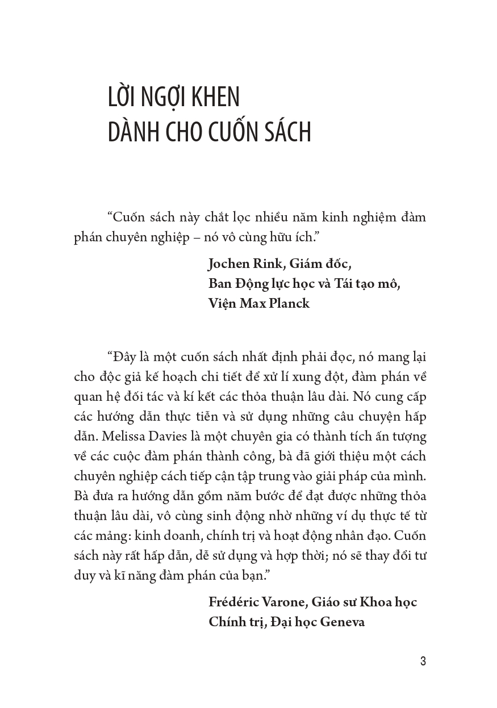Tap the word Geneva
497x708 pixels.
(342, 621)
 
